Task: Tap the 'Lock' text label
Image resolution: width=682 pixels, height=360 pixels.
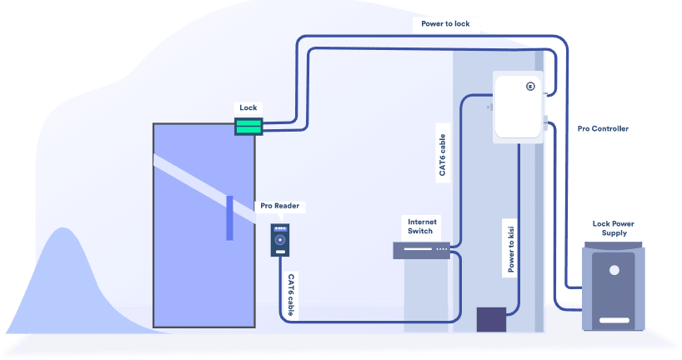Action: pyautogui.click(x=248, y=107)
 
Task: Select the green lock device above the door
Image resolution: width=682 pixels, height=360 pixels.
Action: pyautogui.click(x=248, y=126)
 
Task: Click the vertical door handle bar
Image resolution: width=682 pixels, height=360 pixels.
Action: pyautogui.click(x=229, y=217)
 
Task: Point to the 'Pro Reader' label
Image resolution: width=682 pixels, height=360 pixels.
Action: pyautogui.click(x=279, y=206)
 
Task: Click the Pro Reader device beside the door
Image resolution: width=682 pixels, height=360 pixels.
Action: pyautogui.click(x=279, y=240)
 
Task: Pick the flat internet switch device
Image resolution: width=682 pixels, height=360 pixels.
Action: pyautogui.click(x=421, y=249)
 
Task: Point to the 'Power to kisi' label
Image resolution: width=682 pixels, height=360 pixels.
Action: pyautogui.click(x=511, y=248)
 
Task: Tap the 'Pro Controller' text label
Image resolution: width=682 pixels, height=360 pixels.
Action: pyautogui.click(x=603, y=129)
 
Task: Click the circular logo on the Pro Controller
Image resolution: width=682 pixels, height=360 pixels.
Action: pyautogui.click(x=529, y=85)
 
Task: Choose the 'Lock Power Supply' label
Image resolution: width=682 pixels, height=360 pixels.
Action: pyautogui.click(x=614, y=228)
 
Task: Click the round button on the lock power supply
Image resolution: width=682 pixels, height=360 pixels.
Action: pyautogui.click(x=614, y=270)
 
